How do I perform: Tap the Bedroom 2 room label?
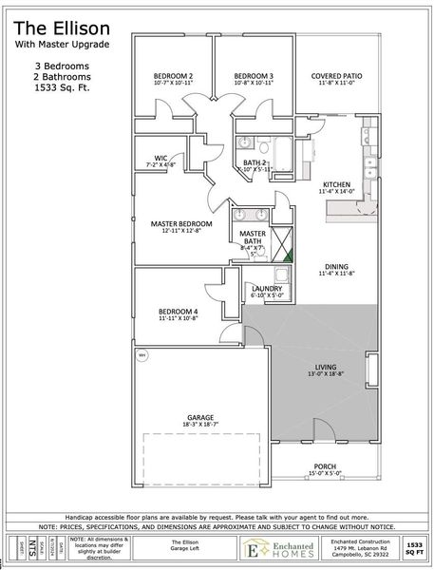coord(175,76)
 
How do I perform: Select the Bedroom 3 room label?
coord(254,76)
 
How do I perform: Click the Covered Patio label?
coord(339,76)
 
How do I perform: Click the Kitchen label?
coord(338,184)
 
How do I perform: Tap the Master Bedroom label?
coord(181,223)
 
